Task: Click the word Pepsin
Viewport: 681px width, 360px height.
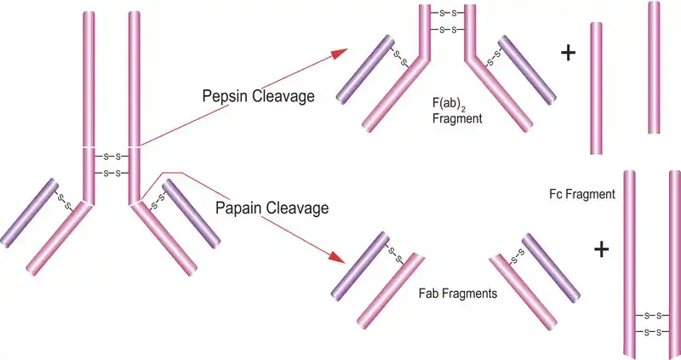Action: click(x=225, y=96)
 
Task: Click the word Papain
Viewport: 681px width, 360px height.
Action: click(x=238, y=208)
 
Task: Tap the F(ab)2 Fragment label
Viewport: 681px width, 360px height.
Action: click(x=457, y=111)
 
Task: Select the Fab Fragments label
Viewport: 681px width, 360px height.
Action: click(x=458, y=293)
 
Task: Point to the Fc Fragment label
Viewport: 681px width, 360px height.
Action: click(x=582, y=194)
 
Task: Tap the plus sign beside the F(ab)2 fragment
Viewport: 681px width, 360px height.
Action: click(x=568, y=53)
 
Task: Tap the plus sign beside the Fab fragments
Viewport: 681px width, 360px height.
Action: click(x=601, y=249)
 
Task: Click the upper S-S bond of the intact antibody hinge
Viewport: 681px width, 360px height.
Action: click(x=112, y=157)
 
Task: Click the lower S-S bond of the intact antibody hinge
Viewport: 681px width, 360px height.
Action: click(x=112, y=174)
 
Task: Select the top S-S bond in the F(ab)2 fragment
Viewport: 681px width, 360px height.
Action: click(x=448, y=14)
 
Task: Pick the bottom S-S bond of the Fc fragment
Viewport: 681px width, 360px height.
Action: click(x=652, y=333)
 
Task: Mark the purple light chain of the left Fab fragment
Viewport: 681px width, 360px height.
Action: click(x=360, y=266)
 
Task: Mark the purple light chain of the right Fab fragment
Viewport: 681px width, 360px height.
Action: click(x=551, y=267)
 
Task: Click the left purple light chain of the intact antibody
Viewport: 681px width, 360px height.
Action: click(x=29, y=213)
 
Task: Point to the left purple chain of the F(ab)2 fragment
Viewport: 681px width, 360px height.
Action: click(x=365, y=70)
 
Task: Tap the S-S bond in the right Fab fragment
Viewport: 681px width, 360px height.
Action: click(x=518, y=257)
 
